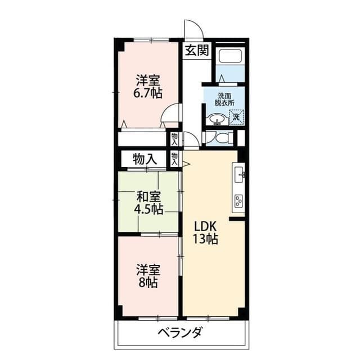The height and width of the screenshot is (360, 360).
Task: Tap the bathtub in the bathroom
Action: pos(229,57)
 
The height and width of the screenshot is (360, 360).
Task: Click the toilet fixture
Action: pos(224,137)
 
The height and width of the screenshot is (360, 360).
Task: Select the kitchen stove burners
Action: pos(238,200)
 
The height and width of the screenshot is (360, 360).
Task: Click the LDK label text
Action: pos(205,226)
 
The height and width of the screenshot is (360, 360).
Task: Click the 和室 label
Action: pos(149,197)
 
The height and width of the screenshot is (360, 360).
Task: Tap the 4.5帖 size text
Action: pos(148,210)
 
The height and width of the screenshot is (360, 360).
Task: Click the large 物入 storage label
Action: pos(145,159)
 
